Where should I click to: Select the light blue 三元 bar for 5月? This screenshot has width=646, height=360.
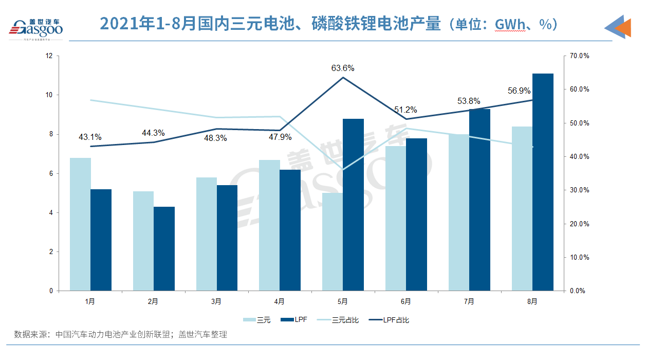pyautogui.click(x=333, y=242)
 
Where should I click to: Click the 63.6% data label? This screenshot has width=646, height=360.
pyautogui.click(x=343, y=68)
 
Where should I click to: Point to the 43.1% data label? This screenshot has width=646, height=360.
pyautogui.click(x=90, y=137)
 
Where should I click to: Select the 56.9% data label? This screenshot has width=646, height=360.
pyautogui.click(x=520, y=91)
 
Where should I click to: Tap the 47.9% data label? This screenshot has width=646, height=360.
pyautogui.click(x=280, y=137)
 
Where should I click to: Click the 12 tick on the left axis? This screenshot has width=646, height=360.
pyautogui.click(x=49, y=56)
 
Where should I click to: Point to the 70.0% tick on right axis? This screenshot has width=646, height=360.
pyautogui.click(x=579, y=56)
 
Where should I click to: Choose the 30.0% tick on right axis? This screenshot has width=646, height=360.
pyautogui.click(x=579, y=190)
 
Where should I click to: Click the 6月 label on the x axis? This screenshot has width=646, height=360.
pyautogui.click(x=406, y=301)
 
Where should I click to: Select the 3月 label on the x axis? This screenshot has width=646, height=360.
pyautogui.click(x=216, y=301)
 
